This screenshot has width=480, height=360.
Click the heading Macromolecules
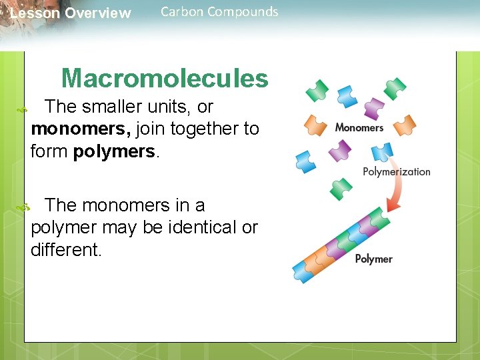[x=165, y=79]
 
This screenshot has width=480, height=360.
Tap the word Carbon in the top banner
[x=183, y=11]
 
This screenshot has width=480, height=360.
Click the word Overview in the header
[x=98, y=13]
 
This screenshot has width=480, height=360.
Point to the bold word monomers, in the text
[x=81, y=129]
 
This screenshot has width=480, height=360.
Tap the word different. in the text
[x=67, y=250]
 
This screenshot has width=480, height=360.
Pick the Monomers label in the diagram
[x=359, y=127]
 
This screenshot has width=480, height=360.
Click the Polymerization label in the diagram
[x=396, y=171]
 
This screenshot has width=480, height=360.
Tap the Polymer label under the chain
[x=373, y=259]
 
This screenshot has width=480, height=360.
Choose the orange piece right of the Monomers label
[x=403, y=125]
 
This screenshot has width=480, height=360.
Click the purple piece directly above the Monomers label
[x=373, y=107]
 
